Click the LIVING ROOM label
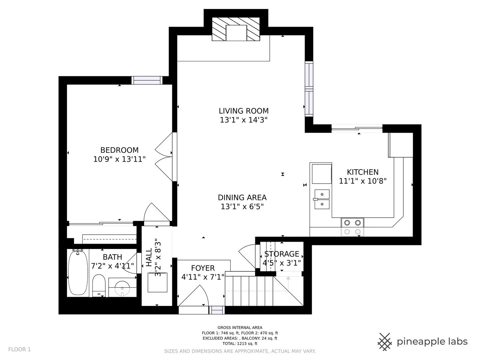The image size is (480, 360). (x=244, y=111)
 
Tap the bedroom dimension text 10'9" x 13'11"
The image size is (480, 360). (x=119, y=159)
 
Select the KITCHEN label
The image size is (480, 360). (x=363, y=172)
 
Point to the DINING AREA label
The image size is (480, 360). (x=242, y=198)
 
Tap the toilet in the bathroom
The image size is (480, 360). (x=99, y=286)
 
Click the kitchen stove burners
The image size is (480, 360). (x=353, y=227)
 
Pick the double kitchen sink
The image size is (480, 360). (x=322, y=199)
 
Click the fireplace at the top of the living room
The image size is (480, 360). (x=236, y=29)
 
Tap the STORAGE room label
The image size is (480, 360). (x=282, y=254)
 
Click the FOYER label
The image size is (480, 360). (x=203, y=268)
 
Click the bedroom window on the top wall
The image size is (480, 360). (x=147, y=80)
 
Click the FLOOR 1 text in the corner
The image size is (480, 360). (x=19, y=350)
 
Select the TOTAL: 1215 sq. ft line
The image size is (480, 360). (x=240, y=344)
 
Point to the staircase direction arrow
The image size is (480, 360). (x=288, y=283)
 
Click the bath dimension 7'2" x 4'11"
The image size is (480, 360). (x=112, y=266)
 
